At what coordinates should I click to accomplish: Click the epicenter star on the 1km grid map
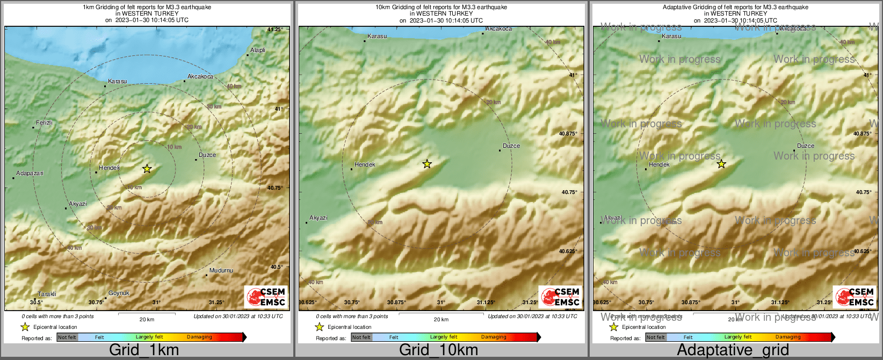[147, 169]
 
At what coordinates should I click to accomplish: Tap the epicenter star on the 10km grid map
[427, 164]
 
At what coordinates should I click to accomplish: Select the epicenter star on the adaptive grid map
[721, 164]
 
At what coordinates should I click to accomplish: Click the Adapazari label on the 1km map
[30, 174]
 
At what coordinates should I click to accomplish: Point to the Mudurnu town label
[221, 270]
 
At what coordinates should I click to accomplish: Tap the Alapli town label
[258, 50]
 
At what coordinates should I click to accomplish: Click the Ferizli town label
[44, 123]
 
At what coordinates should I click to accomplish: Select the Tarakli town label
[47, 294]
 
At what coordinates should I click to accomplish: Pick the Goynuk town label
[119, 293]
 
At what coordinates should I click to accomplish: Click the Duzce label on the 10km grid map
[511, 146]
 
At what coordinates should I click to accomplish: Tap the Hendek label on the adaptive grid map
[659, 164]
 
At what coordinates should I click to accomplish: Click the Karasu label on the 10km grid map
[377, 36]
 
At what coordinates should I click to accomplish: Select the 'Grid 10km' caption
[438, 350]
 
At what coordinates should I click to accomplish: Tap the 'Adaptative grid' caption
[733, 350]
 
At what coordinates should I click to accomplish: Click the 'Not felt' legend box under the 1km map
[67, 337]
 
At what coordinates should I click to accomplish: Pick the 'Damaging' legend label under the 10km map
[494, 337]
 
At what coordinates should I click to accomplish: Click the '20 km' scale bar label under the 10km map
[441, 320]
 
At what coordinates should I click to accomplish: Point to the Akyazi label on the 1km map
[78, 204]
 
